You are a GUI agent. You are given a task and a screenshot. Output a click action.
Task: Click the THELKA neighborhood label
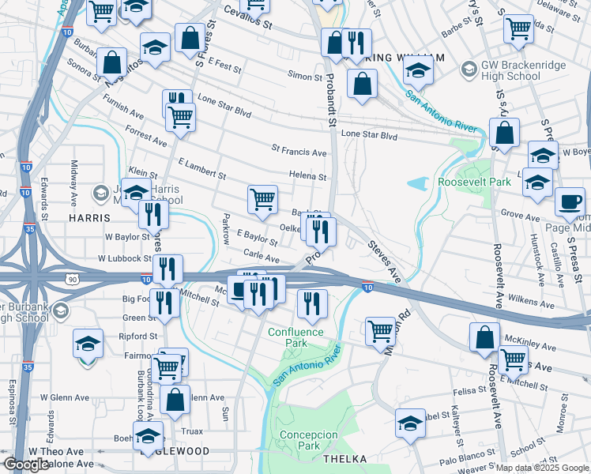[x=344, y=458]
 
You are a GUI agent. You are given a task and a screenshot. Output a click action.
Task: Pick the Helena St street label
[x=307, y=177]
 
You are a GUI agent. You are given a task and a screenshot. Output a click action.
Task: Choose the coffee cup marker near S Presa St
[x=570, y=201]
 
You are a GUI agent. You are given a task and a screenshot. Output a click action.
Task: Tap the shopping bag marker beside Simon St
[x=362, y=85]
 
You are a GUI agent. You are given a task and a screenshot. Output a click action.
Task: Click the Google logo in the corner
[x=26, y=465]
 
